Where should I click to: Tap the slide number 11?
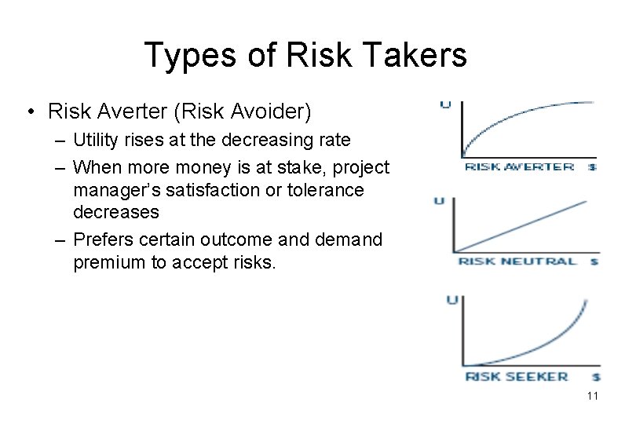592,396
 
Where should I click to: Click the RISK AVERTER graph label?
519,166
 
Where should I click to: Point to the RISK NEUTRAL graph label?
517,261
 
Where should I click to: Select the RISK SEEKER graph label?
516,376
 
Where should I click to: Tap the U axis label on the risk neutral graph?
439,201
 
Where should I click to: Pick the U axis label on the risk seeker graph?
451,300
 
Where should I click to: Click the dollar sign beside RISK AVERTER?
593,167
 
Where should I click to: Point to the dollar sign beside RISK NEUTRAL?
594,261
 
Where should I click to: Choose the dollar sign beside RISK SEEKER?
597,378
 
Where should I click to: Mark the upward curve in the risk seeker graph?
550,345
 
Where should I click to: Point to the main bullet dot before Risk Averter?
29,112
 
